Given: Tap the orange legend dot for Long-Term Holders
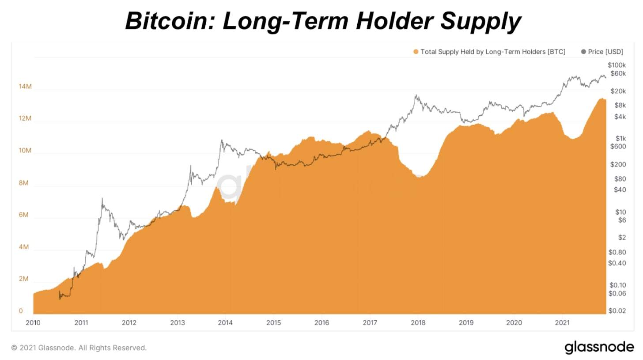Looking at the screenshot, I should click(416, 52).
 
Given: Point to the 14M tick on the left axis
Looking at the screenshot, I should click(25, 87).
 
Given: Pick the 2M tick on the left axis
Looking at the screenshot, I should click(24, 279).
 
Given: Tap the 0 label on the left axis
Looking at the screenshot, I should click(21, 311).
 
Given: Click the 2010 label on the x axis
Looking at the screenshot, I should click(33, 322).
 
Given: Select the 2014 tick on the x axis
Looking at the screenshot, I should click(226, 322).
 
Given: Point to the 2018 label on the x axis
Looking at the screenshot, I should click(418, 322).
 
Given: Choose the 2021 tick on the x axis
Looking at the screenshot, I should click(562, 322).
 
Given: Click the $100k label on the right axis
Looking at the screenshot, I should click(617, 65).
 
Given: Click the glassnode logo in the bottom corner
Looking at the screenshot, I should click(599, 347).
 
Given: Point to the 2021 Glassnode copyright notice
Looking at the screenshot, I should click(79, 348).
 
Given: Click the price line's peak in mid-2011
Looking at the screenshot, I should click(102, 198).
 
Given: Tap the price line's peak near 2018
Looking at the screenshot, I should click(416, 95).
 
